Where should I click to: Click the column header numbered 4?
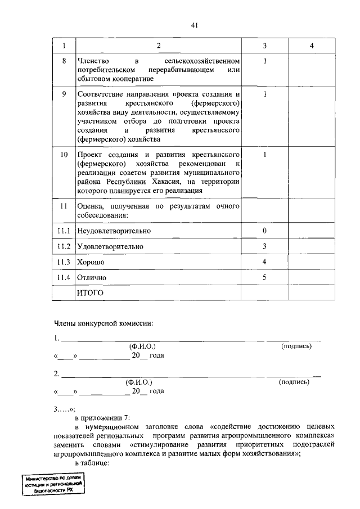[311, 46]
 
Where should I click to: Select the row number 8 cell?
[64, 60]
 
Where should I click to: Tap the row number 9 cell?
[64, 94]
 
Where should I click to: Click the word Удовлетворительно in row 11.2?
[110, 247]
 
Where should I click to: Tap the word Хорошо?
[92, 263]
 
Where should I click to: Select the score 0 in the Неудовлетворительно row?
[264, 231]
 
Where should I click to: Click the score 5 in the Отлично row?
[264, 278]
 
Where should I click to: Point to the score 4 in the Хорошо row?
[264, 262]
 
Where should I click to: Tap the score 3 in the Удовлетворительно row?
[264, 247]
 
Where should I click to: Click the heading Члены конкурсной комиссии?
[103, 323]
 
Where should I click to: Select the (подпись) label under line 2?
[294, 382]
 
